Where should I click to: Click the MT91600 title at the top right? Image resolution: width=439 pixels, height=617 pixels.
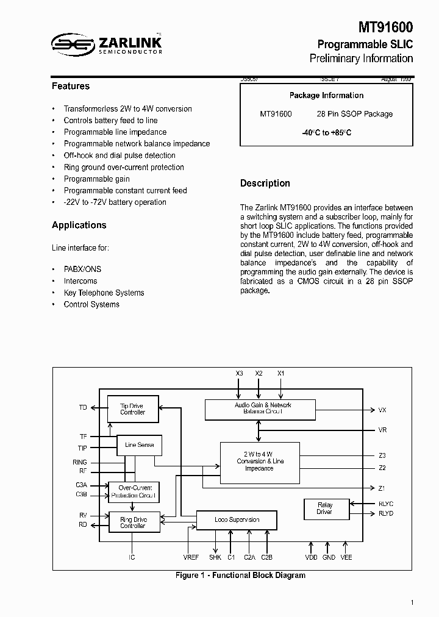click(x=385, y=27)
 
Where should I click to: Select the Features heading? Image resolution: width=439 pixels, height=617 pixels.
click(x=71, y=87)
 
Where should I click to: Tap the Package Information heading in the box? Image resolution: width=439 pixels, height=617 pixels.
click(x=326, y=96)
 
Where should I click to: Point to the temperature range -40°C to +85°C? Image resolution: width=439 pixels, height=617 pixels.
click(x=326, y=133)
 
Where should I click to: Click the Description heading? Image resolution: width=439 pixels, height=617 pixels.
click(x=265, y=184)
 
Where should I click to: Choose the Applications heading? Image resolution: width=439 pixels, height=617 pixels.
click(x=79, y=226)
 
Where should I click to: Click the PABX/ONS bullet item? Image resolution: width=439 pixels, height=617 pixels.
click(x=82, y=269)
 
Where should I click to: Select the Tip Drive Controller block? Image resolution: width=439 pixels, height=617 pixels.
click(x=133, y=409)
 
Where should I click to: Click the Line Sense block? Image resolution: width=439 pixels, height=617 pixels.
click(x=139, y=445)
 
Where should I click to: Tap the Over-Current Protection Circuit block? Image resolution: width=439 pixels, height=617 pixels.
click(x=134, y=491)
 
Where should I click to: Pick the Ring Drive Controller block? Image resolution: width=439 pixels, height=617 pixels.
click(x=133, y=522)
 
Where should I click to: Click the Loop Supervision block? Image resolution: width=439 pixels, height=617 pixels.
click(x=237, y=520)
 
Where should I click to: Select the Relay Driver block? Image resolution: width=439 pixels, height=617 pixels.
click(x=325, y=508)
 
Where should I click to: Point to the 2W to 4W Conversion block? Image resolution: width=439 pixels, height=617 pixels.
click(x=259, y=462)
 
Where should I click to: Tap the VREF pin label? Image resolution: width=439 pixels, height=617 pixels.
click(x=191, y=557)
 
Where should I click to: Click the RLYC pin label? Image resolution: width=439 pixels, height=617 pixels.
click(x=386, y=504)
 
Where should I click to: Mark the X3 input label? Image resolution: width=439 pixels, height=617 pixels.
click(x=239, y=373)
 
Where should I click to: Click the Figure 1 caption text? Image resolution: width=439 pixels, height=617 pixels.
click(x=240, y=576)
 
